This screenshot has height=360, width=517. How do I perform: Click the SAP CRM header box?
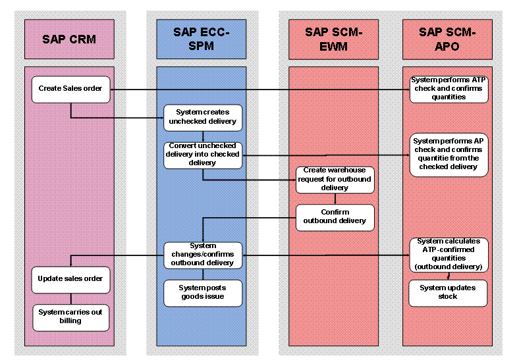[x=69, y=39]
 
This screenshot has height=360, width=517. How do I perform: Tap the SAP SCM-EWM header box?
[x=335, y=39]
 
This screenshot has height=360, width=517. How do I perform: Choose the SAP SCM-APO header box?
[x=449, y=39]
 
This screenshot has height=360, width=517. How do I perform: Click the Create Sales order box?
[x=71, y=90]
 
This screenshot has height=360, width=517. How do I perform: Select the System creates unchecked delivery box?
[x=202, y=116]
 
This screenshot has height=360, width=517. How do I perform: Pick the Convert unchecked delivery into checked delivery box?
[x=202, y=154]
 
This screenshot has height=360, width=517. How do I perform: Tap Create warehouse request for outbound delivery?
[x=335, y=179]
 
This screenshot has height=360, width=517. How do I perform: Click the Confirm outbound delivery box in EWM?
[x=335, y=217]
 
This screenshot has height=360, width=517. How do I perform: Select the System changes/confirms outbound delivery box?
[x=202, y=254]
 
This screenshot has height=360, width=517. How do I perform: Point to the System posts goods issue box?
[x=202, y=292]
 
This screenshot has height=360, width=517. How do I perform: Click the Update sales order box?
[x=71, y=278]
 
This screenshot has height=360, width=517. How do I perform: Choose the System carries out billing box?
[x=71, y=317]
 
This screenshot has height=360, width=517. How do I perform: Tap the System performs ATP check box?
[x=449, y=88]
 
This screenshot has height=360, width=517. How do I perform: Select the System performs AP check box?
[x=449, y=154]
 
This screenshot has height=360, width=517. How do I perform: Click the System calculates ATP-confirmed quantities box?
[x=449, y=253]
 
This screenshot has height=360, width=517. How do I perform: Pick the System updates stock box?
[x=449, y=292]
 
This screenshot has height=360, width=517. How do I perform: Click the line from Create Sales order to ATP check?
[x=263, y=90]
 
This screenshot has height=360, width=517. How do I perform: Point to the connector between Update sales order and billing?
[x=71, y=297]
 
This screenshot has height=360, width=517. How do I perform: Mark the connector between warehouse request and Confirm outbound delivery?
[x=335, y=199]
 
